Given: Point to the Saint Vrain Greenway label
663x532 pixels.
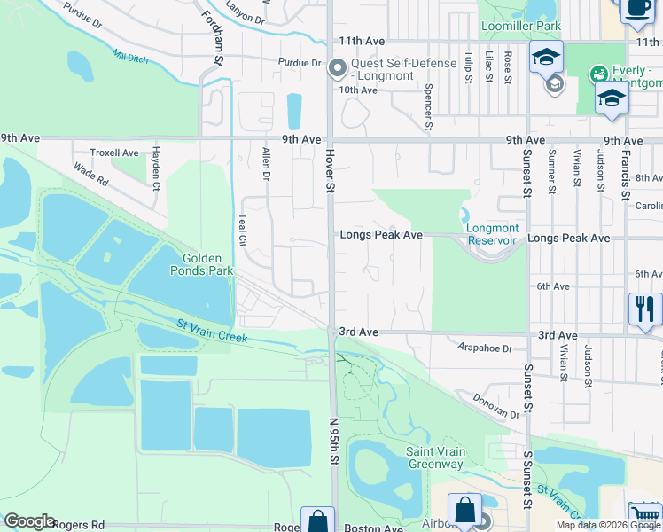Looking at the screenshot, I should tap(435, 458).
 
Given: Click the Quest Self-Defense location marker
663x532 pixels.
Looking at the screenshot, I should tap(337, 67).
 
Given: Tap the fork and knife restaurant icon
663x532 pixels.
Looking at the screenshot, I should tap(644, 309).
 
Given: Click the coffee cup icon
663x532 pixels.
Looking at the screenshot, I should tap(636, 8).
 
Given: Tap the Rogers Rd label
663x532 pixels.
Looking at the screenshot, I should tap(79, 525).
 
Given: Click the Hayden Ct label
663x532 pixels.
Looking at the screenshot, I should tap(155, 168).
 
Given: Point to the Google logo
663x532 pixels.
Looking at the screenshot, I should tap(29, 521).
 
